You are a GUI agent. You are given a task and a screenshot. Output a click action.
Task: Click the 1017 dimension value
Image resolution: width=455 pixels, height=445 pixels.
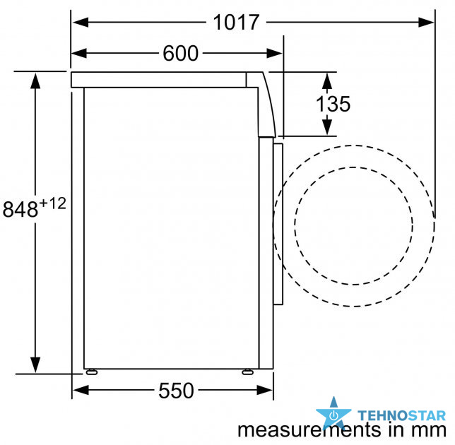tap(236, 23)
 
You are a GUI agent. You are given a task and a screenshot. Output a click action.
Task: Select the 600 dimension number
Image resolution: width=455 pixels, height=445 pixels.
tap(180, 54)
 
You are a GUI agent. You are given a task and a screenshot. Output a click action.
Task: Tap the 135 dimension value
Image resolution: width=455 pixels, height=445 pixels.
tap(333, 104)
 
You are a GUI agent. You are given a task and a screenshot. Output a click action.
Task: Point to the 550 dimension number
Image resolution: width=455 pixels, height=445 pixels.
tap(176, 391)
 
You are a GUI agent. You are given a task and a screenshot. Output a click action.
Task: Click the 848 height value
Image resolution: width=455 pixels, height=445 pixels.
tap(20, 209)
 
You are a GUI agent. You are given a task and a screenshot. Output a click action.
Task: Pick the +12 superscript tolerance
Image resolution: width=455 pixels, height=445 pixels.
tap(52, 203)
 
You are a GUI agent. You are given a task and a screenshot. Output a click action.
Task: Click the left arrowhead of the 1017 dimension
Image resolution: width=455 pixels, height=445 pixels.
tap(81, 22)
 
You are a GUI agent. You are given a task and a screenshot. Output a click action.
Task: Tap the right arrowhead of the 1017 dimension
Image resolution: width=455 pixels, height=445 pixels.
tap(426, 22)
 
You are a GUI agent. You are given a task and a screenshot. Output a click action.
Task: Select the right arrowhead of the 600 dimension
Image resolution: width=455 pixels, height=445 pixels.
tap(274, 54)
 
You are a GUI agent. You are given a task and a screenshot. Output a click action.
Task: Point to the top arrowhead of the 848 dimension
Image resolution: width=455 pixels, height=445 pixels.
tap(35, 81)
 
